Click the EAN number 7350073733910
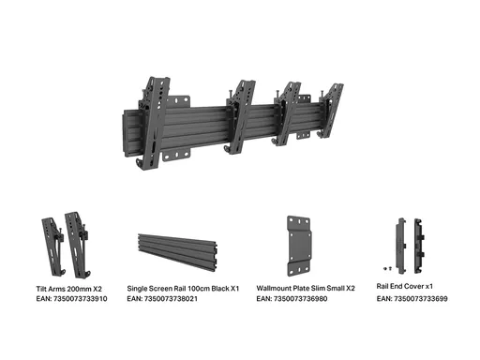[81, 299]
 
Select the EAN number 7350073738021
[171, 299]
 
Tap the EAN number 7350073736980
[301, 299]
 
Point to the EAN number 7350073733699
[421, 299]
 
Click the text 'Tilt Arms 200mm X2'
[69, 289]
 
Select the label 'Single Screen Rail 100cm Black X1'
[183, 289]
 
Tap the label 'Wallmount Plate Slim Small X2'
[306, 288]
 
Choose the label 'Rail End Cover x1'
[405, 286]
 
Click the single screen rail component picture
[177, 252]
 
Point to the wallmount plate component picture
[300, 246]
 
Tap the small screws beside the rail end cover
[387, 268]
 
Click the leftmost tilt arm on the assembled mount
[154, 123]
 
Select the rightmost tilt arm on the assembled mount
[330, 111]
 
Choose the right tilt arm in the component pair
[78, 245]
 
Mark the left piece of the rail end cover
[401, 246]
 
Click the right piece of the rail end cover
[419, 246]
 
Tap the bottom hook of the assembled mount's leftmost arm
[140, 164]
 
